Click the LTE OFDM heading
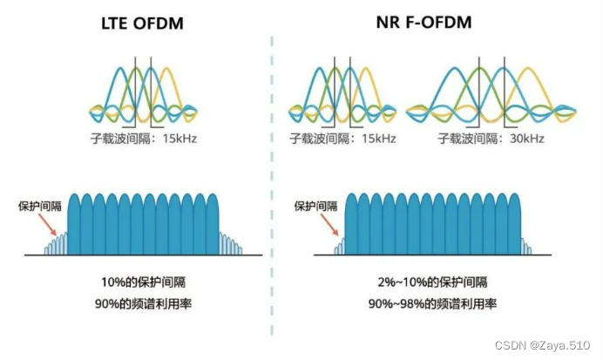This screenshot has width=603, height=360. click(x=142, y=24)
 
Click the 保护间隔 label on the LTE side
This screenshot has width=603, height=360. click(x=39, y=207)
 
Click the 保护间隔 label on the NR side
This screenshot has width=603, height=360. click(x=315, y=207)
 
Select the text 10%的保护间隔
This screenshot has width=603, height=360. click(x=141, y=282)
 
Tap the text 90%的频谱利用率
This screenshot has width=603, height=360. click(x=141, y=303)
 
